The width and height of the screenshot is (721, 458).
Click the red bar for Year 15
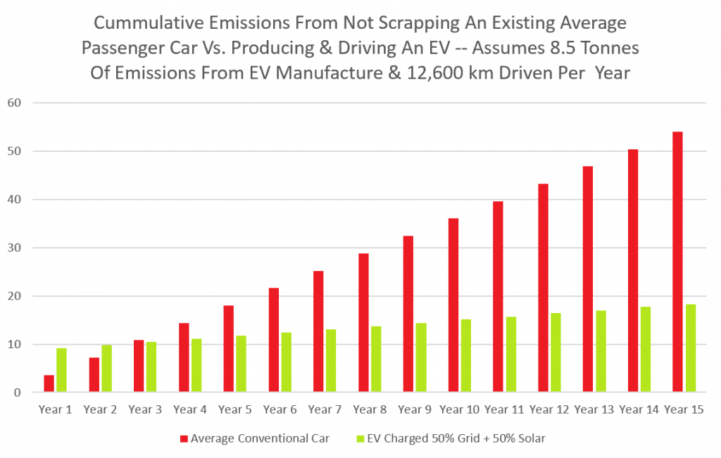[677, 262]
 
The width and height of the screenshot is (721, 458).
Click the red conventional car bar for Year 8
[363, 323]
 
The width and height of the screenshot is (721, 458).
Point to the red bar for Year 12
[543, 288]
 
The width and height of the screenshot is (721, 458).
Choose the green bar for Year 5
[242, 364]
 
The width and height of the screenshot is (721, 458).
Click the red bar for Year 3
[139, 366]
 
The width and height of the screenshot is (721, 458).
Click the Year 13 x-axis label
[594, 409]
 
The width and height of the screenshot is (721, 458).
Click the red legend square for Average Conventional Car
[184, 438]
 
